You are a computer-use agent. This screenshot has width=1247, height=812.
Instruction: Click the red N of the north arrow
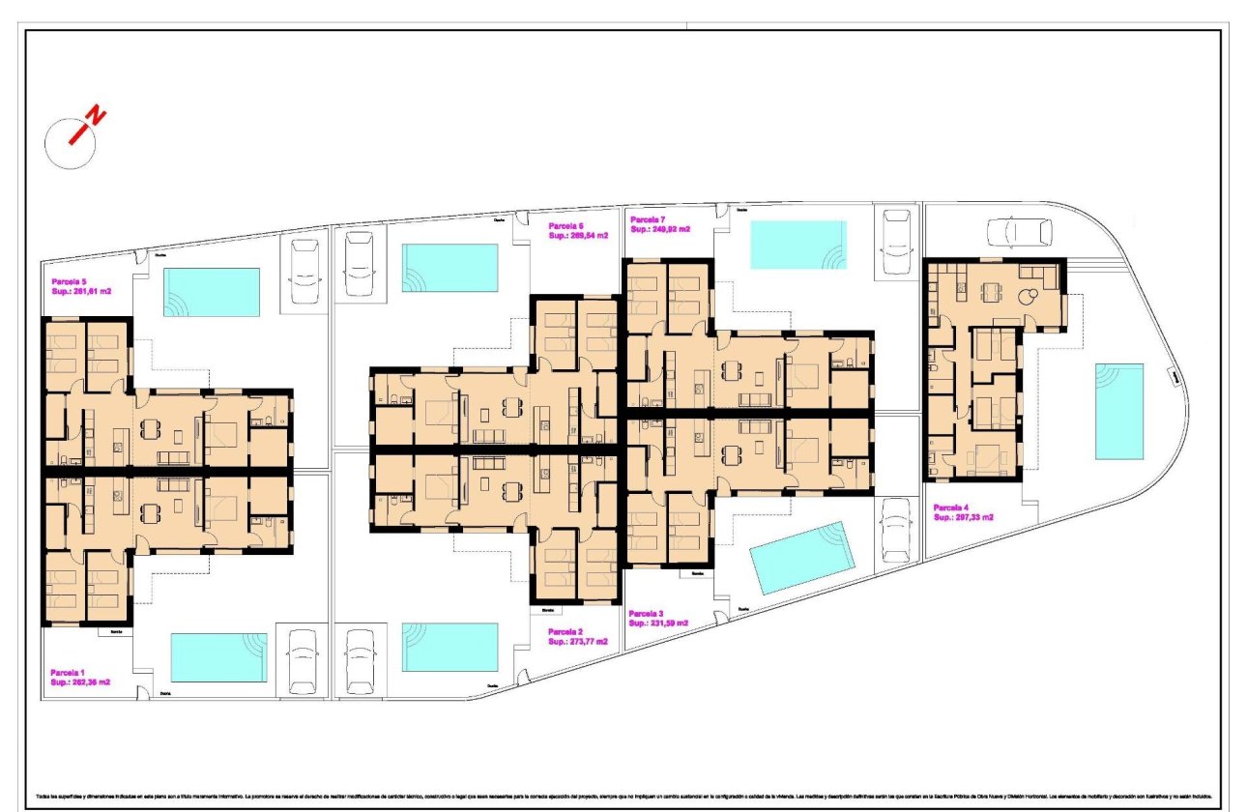[96, 117]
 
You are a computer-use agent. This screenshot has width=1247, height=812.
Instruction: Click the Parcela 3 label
[646, 614]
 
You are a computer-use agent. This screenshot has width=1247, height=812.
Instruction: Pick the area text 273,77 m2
[577, 641]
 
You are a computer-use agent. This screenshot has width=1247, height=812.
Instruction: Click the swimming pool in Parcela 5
[212, 292]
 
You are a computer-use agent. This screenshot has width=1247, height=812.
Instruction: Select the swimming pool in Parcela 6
[449, 268]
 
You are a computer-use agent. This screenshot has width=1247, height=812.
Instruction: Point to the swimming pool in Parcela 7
[797, 245]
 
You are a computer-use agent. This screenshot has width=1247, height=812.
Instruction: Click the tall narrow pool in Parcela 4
[1119, 411]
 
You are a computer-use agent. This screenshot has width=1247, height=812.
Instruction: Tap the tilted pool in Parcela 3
[803, 558]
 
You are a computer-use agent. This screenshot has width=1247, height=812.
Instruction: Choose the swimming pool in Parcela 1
[218, 657]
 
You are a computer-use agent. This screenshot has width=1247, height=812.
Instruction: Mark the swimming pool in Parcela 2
[449, 647]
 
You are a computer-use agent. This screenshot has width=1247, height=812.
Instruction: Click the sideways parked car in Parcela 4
[1019, 231]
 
